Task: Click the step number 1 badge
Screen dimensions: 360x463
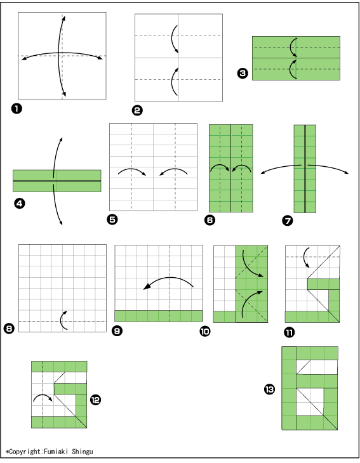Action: pos(17,108)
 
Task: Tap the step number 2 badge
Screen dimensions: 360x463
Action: pos(137,110)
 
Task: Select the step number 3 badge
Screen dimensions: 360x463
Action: pos(243,73)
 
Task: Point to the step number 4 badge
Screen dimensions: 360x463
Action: pos(20,204)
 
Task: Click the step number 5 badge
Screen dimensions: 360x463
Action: pos(112,219)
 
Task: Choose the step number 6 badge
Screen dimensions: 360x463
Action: pos(210,220)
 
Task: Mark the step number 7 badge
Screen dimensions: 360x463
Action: pos(288,220)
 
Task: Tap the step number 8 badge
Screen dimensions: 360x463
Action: pos(9,329)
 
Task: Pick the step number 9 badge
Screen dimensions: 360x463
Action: pos(117,330)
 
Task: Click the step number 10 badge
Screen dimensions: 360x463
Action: pos(205,331)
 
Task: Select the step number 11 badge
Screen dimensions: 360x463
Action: pos(290,332)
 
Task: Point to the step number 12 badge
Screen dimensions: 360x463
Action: pos(95,400)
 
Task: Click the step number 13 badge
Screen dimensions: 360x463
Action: pos(269,389)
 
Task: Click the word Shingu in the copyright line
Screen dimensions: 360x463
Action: pos(83,452)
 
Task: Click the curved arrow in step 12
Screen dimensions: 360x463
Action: pos(43,395)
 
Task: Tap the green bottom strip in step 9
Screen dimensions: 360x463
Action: pos(159,316)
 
